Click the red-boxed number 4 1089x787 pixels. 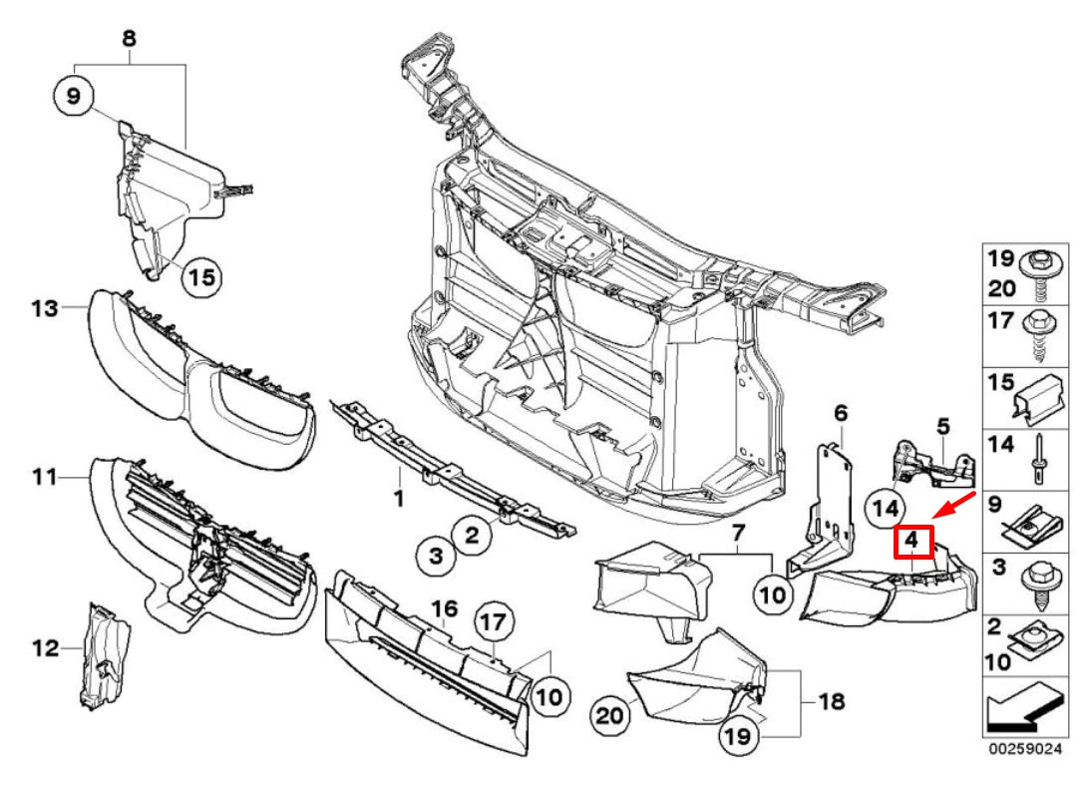pos(912,542)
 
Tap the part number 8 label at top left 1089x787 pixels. pos(130,39)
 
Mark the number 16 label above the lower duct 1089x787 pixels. pos(444,607)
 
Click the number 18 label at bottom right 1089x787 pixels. pos(831,702)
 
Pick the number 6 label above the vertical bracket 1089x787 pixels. pos(840,412)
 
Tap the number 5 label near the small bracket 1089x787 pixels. pos(942,426)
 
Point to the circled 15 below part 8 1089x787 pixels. pos(200,276)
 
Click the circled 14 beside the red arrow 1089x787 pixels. pos(884,507)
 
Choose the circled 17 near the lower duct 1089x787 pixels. pos(493,622)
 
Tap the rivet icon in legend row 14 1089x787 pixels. pos(1038,454)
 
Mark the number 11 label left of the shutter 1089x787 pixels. pos(42,478)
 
